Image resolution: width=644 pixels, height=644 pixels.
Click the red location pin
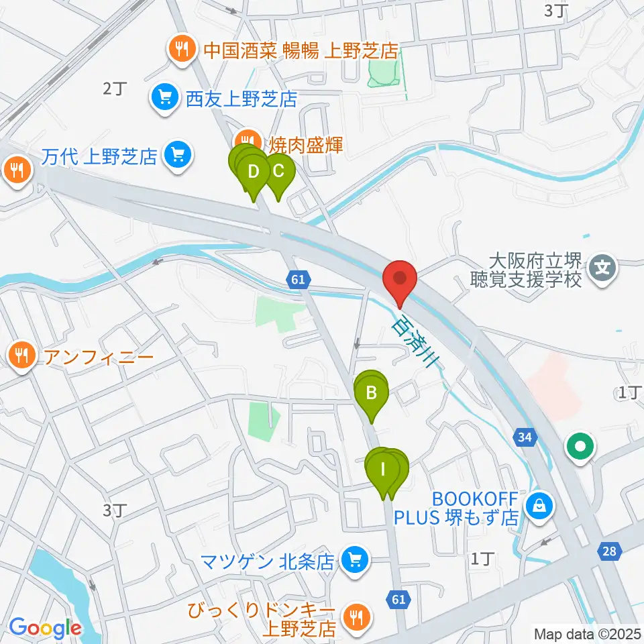click(x=400, y=278)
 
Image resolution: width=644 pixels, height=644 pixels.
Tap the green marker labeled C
click(x=278, y=171)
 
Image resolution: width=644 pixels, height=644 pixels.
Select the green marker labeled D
click(x=254, y=172)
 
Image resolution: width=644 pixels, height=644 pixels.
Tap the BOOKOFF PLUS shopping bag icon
click(x=540, y=506)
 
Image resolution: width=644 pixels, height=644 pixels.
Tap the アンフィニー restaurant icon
click(x=22, y=355)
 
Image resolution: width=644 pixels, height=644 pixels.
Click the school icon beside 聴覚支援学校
click(x=602, y=270)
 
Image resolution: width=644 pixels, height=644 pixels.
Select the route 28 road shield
click(x=608, y=551)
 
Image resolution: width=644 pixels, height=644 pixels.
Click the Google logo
click(x=44, y=628)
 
